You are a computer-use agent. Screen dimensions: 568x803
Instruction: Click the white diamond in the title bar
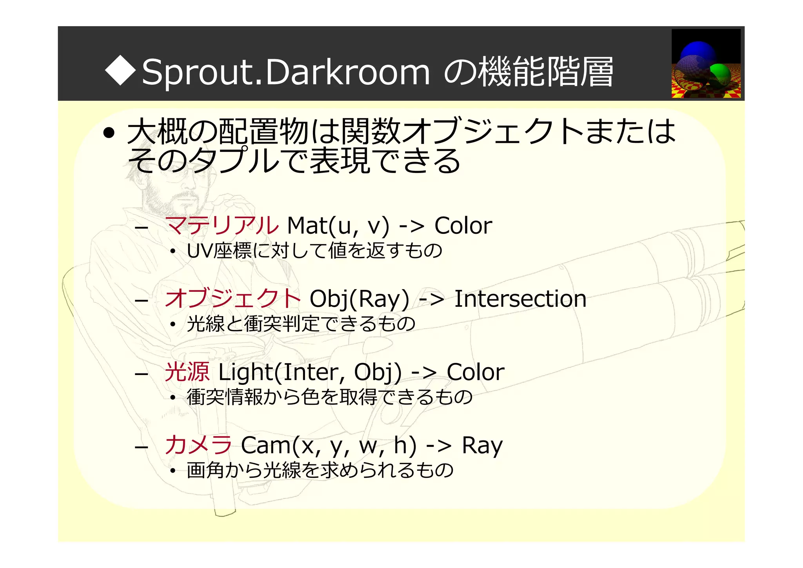tap(121, 71)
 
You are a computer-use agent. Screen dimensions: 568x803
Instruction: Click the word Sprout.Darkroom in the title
tap(286, 72)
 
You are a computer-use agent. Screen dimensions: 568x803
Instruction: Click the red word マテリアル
tap(222, 226)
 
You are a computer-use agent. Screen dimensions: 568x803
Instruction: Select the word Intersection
tap(520, 299)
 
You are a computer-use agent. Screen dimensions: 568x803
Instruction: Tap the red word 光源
tap(187, 372)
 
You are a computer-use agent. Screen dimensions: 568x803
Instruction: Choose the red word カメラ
tap(198, 445)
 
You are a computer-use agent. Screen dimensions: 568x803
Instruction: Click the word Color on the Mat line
tap(463, 226)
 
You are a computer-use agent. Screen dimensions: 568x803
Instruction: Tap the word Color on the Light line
tap(476, 372)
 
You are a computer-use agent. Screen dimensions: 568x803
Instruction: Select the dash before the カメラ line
tap(141, 447)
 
